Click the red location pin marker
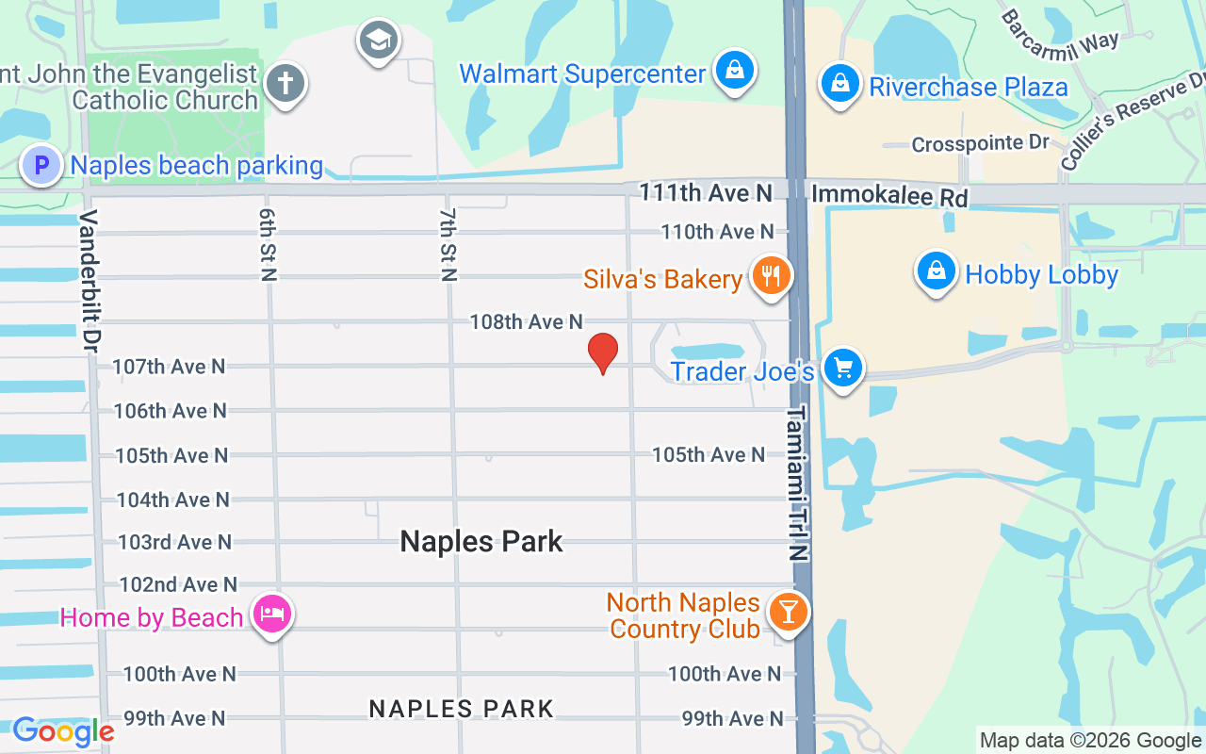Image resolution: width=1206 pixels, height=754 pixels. (x=603, y=353)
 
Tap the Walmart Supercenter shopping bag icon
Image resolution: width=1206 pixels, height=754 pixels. (x=733, y=71)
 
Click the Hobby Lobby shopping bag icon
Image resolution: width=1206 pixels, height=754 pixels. (x=936, y=270)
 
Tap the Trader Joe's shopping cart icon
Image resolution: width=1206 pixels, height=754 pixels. (x=842, y=368)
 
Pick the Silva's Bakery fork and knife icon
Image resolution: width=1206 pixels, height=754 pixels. (x=771, y=276)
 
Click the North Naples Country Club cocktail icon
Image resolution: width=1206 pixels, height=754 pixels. (x=788, y=612)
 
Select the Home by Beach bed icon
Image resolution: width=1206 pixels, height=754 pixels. (x=272, y=615)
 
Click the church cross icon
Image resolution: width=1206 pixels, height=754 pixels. (x=285, y=84)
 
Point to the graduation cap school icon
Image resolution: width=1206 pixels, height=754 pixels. (x=379, y=41)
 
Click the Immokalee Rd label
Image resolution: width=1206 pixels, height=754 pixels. (x=889, y=196)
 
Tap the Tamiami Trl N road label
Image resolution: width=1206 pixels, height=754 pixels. (x=797, y=483)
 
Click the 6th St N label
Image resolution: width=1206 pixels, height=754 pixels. (x=268, y=244)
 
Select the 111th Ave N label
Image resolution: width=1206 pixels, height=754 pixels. (x=706, y=193)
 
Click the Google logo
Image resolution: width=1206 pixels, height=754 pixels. (x=63, y=731)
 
